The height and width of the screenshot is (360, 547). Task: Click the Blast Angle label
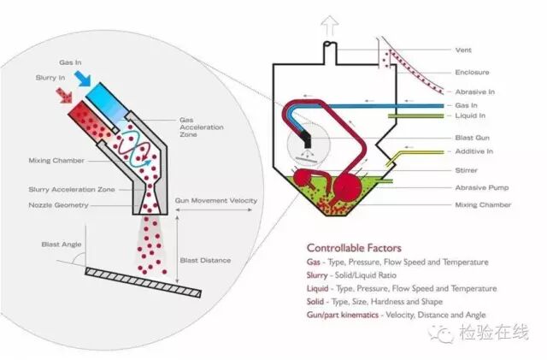click(x=59, y=245)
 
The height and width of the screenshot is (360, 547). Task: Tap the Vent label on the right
click(x=464, y=50)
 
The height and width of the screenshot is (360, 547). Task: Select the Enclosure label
click(x=473, y=71)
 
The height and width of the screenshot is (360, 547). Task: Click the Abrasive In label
click(x=474, y=91)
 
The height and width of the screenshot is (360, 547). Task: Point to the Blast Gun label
click(x=473, y=137)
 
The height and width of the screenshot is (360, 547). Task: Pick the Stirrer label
click(x=469, y=171)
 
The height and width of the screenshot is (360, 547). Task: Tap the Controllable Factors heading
click(x=353, y=248)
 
